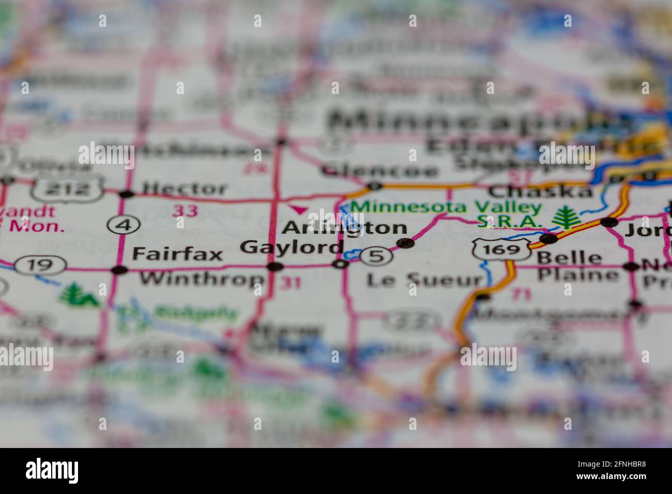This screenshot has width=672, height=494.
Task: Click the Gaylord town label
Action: click(x=292, y=247)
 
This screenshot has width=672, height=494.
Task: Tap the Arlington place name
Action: click(x=345, y=227)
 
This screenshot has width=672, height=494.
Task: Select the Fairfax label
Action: click(x=177, y=254)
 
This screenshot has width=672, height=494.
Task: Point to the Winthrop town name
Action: click(x=202, y=279)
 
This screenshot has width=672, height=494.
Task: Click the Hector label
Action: click(x=185, y=188)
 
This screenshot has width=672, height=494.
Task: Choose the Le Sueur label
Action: click(x=424, y=280)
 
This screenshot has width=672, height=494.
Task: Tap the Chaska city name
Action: click(x=540, y=192)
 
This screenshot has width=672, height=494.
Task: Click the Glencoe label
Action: click(x=379, y=170)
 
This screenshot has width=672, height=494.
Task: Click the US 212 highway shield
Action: click(x=67, y=189)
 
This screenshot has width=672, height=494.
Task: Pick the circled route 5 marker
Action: click(x=376, y=256)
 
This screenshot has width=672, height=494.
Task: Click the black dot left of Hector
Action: click(x=126, y=194)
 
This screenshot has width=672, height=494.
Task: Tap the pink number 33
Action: click(x=185, y=210)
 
